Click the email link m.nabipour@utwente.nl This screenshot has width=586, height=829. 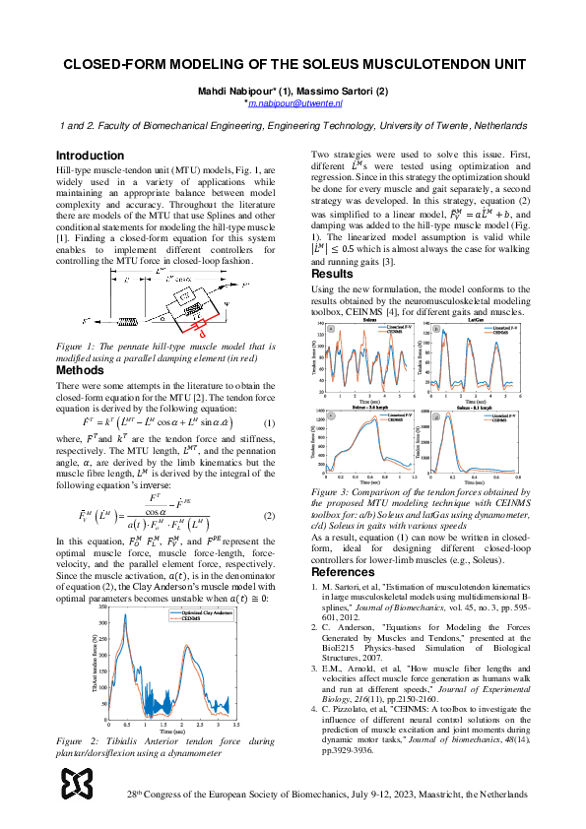coord(293,102)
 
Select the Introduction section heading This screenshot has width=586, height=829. coord(90,156)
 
